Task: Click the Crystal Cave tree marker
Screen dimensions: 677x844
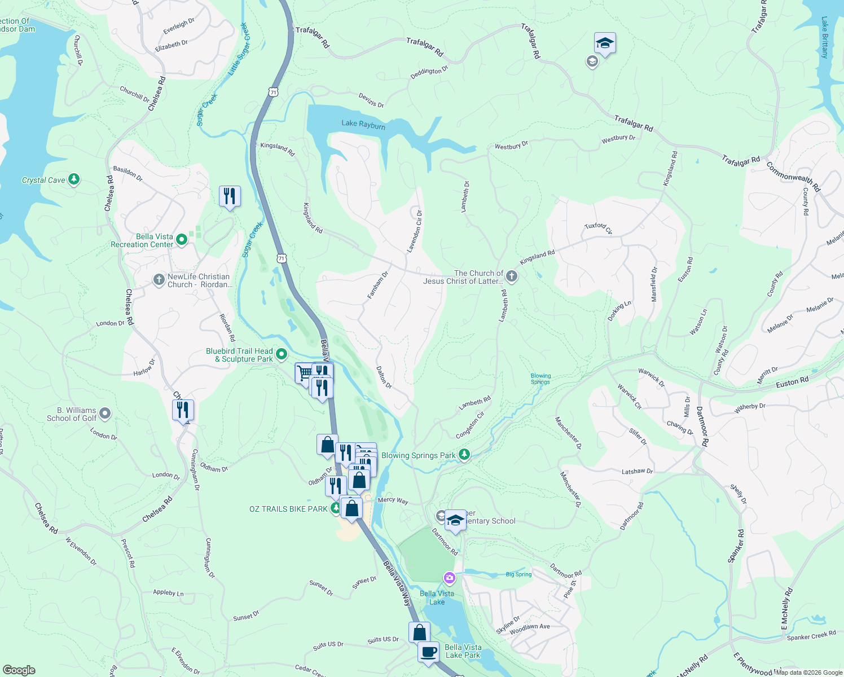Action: [73, 179]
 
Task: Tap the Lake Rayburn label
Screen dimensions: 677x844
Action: [363, 124]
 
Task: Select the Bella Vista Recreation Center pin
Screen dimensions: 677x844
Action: [182, 240]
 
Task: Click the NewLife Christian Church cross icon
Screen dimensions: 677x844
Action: [159, 280]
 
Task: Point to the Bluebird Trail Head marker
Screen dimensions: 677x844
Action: [282, 354]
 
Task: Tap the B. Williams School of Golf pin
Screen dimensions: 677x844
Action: [104, 414]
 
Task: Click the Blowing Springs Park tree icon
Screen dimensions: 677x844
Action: [464, 454]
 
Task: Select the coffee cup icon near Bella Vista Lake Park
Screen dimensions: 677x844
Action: [429, 652]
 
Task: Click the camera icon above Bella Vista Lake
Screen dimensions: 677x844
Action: [449, 577]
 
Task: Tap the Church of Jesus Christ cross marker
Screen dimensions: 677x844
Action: [511, 276]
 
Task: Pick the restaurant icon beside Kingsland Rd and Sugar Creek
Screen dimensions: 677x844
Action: [230, 196]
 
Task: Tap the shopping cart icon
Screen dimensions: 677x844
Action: [305, 372]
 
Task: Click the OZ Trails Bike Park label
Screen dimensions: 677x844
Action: [288, 509]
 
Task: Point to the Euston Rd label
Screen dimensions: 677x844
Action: [792, 382]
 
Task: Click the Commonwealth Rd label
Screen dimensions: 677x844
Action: [793, 177]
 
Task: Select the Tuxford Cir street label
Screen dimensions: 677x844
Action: [599, 228]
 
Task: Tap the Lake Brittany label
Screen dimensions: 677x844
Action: [825, 37]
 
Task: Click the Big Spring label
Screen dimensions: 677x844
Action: [518, 574]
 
